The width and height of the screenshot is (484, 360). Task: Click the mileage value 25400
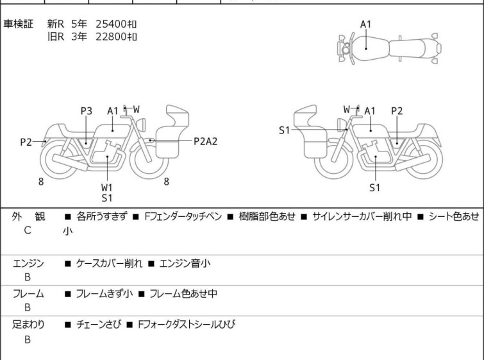point(112,24)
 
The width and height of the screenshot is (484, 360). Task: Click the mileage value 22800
point(112,37)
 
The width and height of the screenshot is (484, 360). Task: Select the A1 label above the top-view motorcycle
point(365,24)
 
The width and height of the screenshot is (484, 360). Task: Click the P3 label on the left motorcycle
point(86,111)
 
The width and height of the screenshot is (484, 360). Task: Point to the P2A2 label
point(205,141)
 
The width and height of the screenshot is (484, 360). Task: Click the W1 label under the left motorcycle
point(106,187)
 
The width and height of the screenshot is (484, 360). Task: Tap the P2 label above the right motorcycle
point(397,111)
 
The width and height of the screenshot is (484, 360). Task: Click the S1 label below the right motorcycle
point(375,187)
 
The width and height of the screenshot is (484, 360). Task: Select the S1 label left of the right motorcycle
point(285,130)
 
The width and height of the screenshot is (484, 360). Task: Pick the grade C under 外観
point(28,229)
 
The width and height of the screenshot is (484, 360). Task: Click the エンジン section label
point(28,263)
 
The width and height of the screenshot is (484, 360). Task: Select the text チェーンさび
point(98,325)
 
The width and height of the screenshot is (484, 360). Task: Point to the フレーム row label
point(28,294)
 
